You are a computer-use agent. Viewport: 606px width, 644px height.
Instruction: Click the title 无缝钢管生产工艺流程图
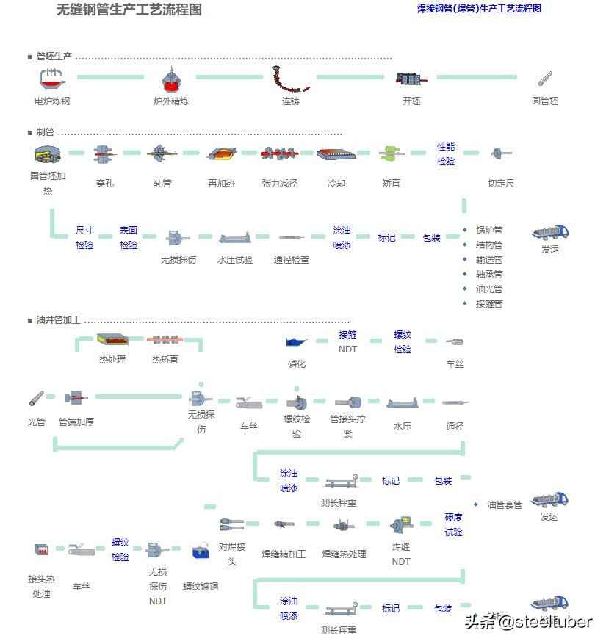click(129, 10)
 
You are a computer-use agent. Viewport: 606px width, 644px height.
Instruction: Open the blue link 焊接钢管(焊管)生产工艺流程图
click(479, 9)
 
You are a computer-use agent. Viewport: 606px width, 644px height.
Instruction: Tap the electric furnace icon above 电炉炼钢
click(50, 79)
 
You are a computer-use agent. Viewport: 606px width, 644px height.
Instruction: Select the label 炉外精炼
click(170, 101)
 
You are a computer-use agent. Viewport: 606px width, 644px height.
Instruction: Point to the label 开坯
click(411, 101)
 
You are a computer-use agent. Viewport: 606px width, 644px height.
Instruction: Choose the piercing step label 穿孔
click(104, 183)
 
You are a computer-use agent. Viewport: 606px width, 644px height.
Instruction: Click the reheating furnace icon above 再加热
click(221, 153)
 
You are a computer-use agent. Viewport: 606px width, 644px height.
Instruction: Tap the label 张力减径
click(280, 183)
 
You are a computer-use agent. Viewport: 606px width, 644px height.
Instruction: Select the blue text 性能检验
click(446, 153)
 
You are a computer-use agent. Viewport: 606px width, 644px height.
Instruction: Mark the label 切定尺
click(502, 183)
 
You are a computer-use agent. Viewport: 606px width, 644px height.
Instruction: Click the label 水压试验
click(235, 259)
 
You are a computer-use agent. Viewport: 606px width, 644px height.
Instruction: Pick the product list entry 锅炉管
click(489, 230)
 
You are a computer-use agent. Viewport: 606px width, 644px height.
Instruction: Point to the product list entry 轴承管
click(489, 274)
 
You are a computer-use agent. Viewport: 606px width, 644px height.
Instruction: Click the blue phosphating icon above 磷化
click(297, 341)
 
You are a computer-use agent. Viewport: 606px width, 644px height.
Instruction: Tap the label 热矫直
click(165, 359)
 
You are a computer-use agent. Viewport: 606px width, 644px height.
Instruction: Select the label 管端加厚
click(76, 422)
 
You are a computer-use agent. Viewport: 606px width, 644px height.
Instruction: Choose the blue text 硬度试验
click(453, 524)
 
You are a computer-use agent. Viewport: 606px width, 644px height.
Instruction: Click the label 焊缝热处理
click(344, 554)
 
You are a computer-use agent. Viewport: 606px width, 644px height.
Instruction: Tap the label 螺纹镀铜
click(201, 586)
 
